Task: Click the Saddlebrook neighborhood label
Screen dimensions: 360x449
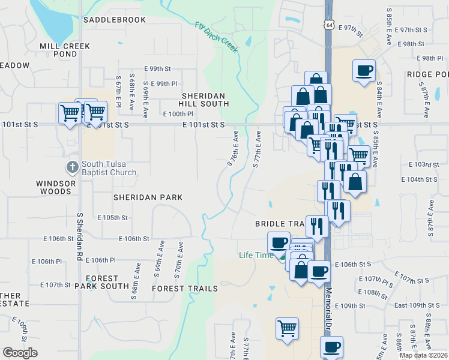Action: click(x=115, y=20)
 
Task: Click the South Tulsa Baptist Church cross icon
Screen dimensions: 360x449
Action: click(x=71, y=166)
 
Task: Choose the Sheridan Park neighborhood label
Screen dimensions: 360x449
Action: click(x=148, y=197)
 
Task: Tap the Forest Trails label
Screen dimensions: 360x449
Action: click(x=185, y=289)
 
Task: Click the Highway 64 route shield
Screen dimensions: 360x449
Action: click(x=328, y=24)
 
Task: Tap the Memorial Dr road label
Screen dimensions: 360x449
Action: click(x=329, y=307)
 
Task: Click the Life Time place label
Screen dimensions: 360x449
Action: click(x=256, y=255)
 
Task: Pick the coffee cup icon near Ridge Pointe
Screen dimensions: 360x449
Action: click(x=364, y=71)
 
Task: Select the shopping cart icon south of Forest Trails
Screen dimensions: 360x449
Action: click(x=288, y=329)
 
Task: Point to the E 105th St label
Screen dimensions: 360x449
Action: click(x=112, y=217)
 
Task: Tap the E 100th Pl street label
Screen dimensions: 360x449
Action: click(x=178, y=113)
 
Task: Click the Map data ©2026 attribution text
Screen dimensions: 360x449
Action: click(x=423, y=355)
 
